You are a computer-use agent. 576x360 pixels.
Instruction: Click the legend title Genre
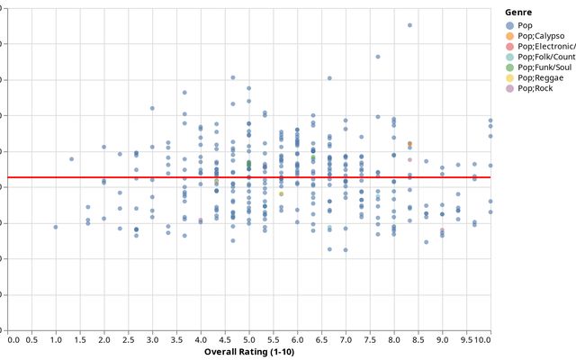point(517,12)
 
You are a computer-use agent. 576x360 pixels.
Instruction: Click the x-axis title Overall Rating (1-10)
point(249,352)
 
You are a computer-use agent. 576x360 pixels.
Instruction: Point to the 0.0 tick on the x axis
point(13,340)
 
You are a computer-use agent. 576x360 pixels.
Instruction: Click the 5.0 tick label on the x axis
point(249,340)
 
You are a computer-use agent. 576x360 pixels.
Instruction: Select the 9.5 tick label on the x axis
point(465,340)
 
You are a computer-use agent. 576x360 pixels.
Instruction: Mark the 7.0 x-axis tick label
point(346,340)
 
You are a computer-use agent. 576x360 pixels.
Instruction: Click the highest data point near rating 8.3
point(409,25)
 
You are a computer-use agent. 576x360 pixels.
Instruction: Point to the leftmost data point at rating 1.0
point(56,227)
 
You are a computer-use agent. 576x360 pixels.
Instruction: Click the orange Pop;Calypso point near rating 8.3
point(409,144)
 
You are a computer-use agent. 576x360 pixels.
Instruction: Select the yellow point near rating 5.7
point(281,193)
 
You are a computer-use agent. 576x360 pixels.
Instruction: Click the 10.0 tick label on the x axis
point(483,340)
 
